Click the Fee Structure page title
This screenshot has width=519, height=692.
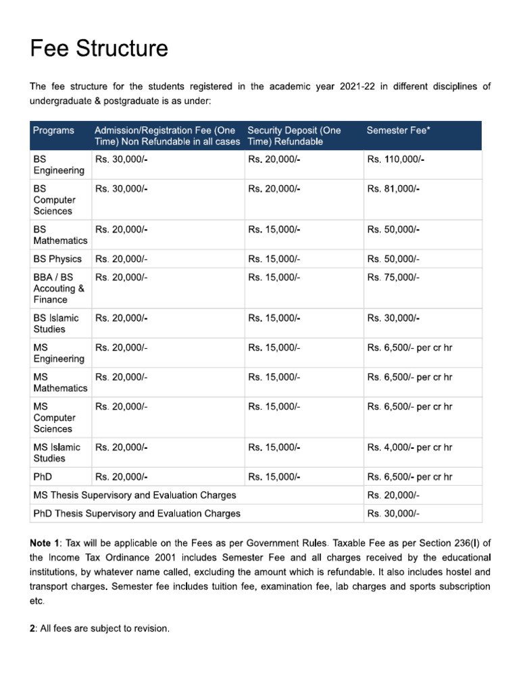tap(99, 49)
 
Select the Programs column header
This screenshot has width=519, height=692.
tap(53, 130)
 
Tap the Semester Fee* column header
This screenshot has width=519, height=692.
tap(397, 130)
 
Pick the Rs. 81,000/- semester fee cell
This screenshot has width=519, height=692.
tap(393, 189)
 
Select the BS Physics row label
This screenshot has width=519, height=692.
tap(57, 259)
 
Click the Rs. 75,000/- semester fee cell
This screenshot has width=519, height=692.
tap(393, 277)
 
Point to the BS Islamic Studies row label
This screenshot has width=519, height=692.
tap(55, 324)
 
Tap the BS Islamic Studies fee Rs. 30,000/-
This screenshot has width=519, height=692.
tap(393, 318)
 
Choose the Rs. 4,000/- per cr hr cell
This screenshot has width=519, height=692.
tap(410, 447)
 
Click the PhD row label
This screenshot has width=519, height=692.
tap(43, 476)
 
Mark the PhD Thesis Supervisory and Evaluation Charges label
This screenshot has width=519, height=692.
tap(137, 513)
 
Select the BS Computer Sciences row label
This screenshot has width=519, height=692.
tap(54, 200)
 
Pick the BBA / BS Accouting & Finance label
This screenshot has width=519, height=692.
tap(59, 289)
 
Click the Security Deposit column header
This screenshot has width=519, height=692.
tap(294, 136)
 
